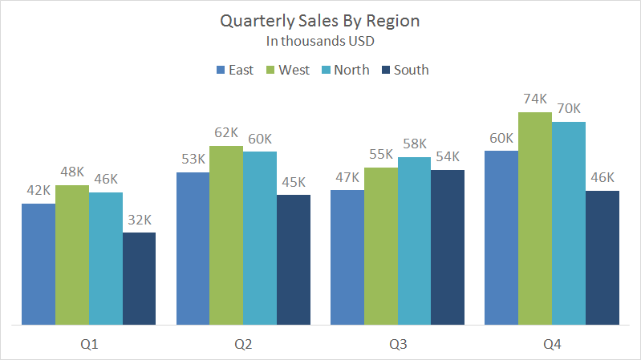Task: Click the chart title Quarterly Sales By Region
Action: pos(320,21)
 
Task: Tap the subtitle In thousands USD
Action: pos(320,40)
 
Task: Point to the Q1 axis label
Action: pos(89,345)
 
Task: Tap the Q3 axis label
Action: pos(398,345)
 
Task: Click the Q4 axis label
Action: pos(552,345)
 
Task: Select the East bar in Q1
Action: pos(39,265)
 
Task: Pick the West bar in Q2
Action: pos(226,236)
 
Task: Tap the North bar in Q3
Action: pos(414,241)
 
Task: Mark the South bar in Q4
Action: pos(602,257)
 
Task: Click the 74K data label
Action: pos(535,99)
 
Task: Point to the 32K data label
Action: pos(139,220)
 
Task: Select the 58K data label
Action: pos(414,144)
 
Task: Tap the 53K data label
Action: pos(193,159)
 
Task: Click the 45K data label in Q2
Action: pos(294,182)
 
